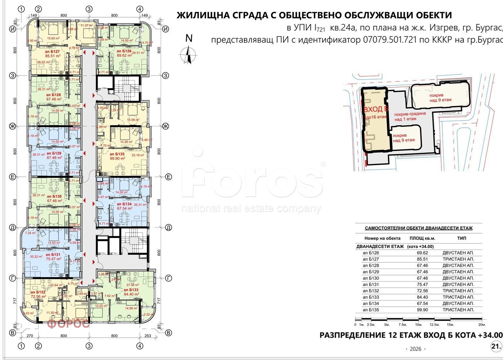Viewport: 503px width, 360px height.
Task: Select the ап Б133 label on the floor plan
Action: point(131,290)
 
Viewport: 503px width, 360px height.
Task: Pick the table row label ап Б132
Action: point(371,291)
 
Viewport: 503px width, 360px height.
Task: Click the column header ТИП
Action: point(462,238)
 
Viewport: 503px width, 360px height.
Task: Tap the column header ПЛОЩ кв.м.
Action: point(422,238)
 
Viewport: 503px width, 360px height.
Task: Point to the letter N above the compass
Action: point(189,38)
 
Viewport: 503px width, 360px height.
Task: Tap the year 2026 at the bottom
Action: point(415,349)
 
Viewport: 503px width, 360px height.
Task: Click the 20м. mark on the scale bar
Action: point(482,324)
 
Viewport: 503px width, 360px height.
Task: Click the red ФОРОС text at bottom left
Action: point(68,324)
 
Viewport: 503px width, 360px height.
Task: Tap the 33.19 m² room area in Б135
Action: point(138,155)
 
